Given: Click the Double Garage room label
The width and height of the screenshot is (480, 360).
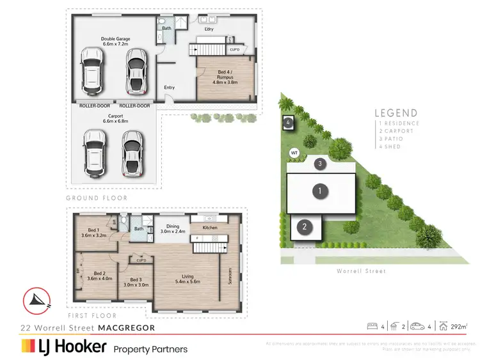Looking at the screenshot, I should click(x=115, y=42).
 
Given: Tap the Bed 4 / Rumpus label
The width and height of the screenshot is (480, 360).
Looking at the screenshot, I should click(x=225, y=79).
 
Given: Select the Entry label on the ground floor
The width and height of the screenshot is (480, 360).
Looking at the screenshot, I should click(x=170, y=88).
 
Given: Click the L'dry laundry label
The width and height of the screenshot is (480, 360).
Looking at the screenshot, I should click(x=209, y=29).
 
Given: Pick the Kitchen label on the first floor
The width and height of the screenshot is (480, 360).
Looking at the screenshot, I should click(x=210, y=227).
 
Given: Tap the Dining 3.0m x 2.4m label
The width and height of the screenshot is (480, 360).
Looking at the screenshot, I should click(x=172, y=229).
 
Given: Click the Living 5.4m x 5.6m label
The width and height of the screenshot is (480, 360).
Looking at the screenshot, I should click(x=188, y=279).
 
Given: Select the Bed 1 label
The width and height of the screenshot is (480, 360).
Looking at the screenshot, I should click(x=93, y=233).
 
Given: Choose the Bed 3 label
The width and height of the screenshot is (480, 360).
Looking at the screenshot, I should click(x=135, y=282).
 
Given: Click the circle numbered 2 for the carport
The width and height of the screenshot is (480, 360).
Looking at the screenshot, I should click(x=305, y=226).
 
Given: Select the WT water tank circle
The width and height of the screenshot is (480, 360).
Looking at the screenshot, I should click(x=294, y=152).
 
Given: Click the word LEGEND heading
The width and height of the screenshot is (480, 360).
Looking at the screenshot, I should click(x=397, y=113).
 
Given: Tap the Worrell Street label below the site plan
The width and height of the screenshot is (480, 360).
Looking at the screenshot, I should click(x=362, y=272).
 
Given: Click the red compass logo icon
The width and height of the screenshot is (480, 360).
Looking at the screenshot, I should click(x=36, y=300).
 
